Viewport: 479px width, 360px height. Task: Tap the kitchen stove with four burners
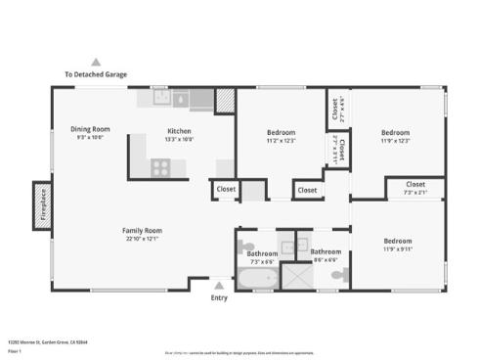point(160,167)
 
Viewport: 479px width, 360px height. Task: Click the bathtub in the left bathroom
point(257,280)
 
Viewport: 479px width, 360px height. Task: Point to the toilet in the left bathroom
point(244,245)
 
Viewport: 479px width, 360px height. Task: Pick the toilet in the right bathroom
point(338,277)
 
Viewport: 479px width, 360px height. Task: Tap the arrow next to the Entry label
point(219,285)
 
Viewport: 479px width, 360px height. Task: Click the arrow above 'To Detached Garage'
point(96,61)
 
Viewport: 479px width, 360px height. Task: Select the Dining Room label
point(90,129)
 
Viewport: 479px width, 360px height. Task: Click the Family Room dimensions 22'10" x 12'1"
point(142,239)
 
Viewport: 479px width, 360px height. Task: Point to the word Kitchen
point(179,131)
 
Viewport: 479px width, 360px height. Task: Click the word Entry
point(219,297)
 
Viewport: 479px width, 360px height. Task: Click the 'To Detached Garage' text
point(96,74)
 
